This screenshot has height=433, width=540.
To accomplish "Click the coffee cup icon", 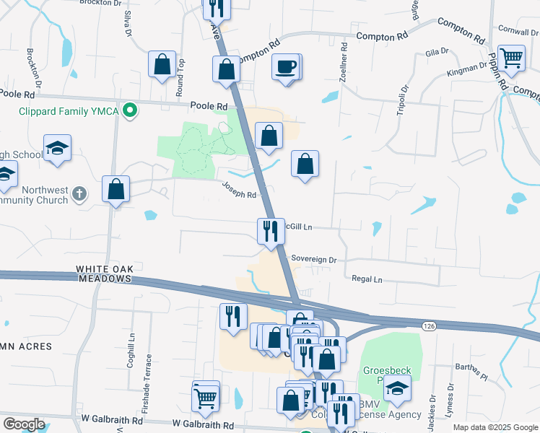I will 286,67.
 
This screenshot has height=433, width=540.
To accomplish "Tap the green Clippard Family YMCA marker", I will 130,110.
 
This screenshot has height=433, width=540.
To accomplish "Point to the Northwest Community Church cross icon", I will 79,194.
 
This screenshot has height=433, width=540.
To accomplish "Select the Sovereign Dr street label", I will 313,258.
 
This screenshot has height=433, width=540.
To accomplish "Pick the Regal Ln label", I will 367,279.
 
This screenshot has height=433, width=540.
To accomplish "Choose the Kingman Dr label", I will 466,69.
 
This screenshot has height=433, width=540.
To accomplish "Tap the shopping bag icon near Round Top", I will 162,64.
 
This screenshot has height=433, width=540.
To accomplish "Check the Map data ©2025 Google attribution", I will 495,427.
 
